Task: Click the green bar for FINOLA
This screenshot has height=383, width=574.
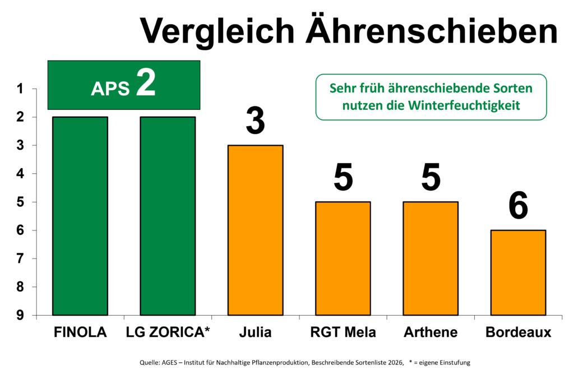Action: click(x=80, y=216)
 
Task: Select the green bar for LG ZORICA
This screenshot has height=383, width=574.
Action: click(x=168, y=216)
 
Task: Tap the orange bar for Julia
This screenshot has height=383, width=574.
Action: click(x=256, y=230)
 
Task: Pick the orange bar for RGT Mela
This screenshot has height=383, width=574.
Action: click(x=343, y=258)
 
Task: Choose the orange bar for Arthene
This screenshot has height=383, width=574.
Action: click(x=430, y=258)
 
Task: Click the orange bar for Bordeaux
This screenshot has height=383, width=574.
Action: click(x=519, y=273)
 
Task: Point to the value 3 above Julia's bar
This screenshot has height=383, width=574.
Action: click(x=256, y=121)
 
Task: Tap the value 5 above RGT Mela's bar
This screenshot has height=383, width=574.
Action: click(x=343, y=177)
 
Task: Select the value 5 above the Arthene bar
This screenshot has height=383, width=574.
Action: click(x=431, y=177)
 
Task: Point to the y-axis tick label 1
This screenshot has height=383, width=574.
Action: click(x=20, y=89)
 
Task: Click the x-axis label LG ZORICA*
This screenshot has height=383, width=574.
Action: click(x=168, y=332)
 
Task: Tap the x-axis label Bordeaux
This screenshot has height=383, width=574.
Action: click(x=519, y=332)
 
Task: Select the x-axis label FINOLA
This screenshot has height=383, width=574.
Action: click(x=80, y=332)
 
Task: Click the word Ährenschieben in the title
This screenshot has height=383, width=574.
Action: click(x=432, y=30)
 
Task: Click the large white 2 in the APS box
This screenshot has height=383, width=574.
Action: click(x=146, y=82)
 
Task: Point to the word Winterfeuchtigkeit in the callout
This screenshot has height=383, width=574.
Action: click(x=464, y=105)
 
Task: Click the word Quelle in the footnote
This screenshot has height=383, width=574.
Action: click(x=149, y=362)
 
